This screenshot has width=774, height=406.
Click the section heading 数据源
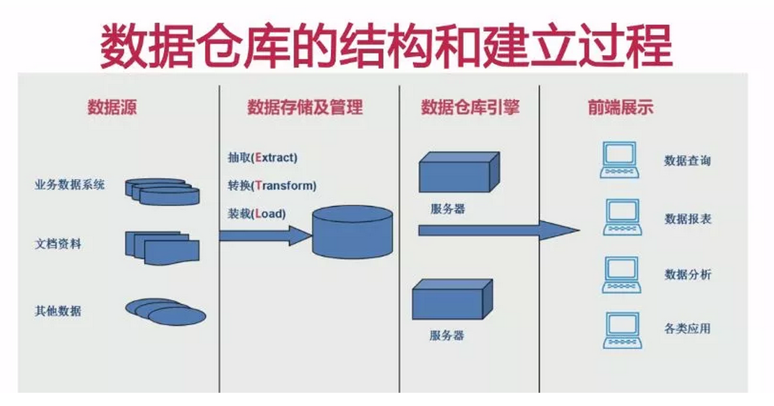click(x=112, y=107)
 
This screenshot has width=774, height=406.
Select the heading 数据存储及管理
click(x=305, y=107)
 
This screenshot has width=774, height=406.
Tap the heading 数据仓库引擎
click(x=470, y=107)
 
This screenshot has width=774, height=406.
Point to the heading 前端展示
click(x=620, y=107)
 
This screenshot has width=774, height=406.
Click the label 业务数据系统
click(x=70, y=185)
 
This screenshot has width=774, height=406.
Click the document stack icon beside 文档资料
click(x=162, y=248)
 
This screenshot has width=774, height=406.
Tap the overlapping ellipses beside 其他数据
click(x=165, y=312)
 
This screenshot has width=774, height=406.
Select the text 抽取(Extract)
click(x=262, y=158)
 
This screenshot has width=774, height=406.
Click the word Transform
click(x=285, y=186)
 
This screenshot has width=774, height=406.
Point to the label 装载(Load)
click(x=257, y=213)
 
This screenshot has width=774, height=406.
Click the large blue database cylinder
click(x=352, y=232)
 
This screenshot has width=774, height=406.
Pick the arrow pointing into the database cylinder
click(x=266, y=235)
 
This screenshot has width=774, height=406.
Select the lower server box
click(x=452, y=299)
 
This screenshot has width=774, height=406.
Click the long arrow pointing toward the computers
click(x=499, y=230)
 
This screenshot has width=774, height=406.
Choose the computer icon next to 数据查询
click(x=620, y=160)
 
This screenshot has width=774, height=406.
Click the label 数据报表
click(x=688, y=218)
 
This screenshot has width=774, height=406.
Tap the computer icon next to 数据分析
click(x=621, y=275)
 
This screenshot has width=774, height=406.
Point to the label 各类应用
click(x=687, y=329)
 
